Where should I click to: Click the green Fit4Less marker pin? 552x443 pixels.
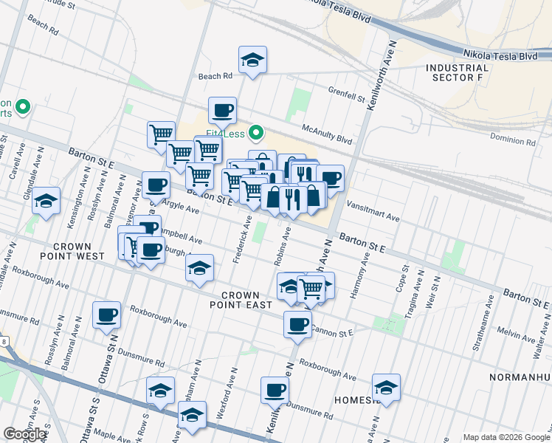256,134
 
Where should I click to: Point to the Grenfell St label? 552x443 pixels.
347,95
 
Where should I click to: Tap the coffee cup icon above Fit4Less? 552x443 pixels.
222,111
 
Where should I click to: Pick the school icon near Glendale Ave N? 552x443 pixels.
46,201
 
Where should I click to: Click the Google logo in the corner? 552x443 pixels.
24,434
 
